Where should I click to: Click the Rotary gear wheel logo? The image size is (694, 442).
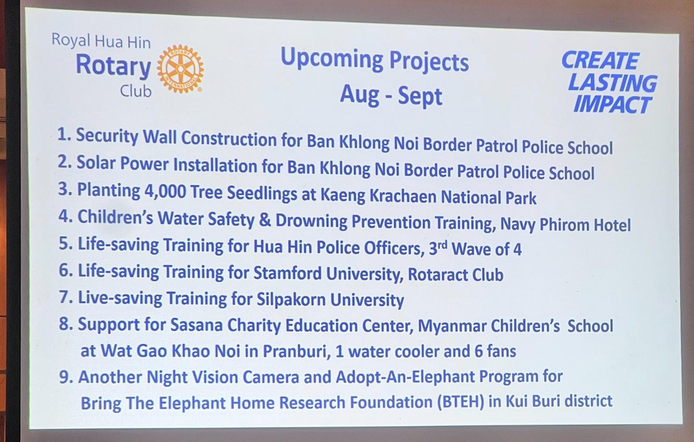(x=180, y=69)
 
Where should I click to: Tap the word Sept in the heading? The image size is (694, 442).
(x=420, y=97)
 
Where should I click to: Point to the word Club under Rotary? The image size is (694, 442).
(x=136, y=91)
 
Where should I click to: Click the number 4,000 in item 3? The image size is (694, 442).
(x=165, y=191)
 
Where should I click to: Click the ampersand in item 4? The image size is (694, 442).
(x=264, y=219)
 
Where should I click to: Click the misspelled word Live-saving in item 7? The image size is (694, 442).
(x=120, y=297)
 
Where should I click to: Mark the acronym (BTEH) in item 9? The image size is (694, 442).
(x=461, y=402)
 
